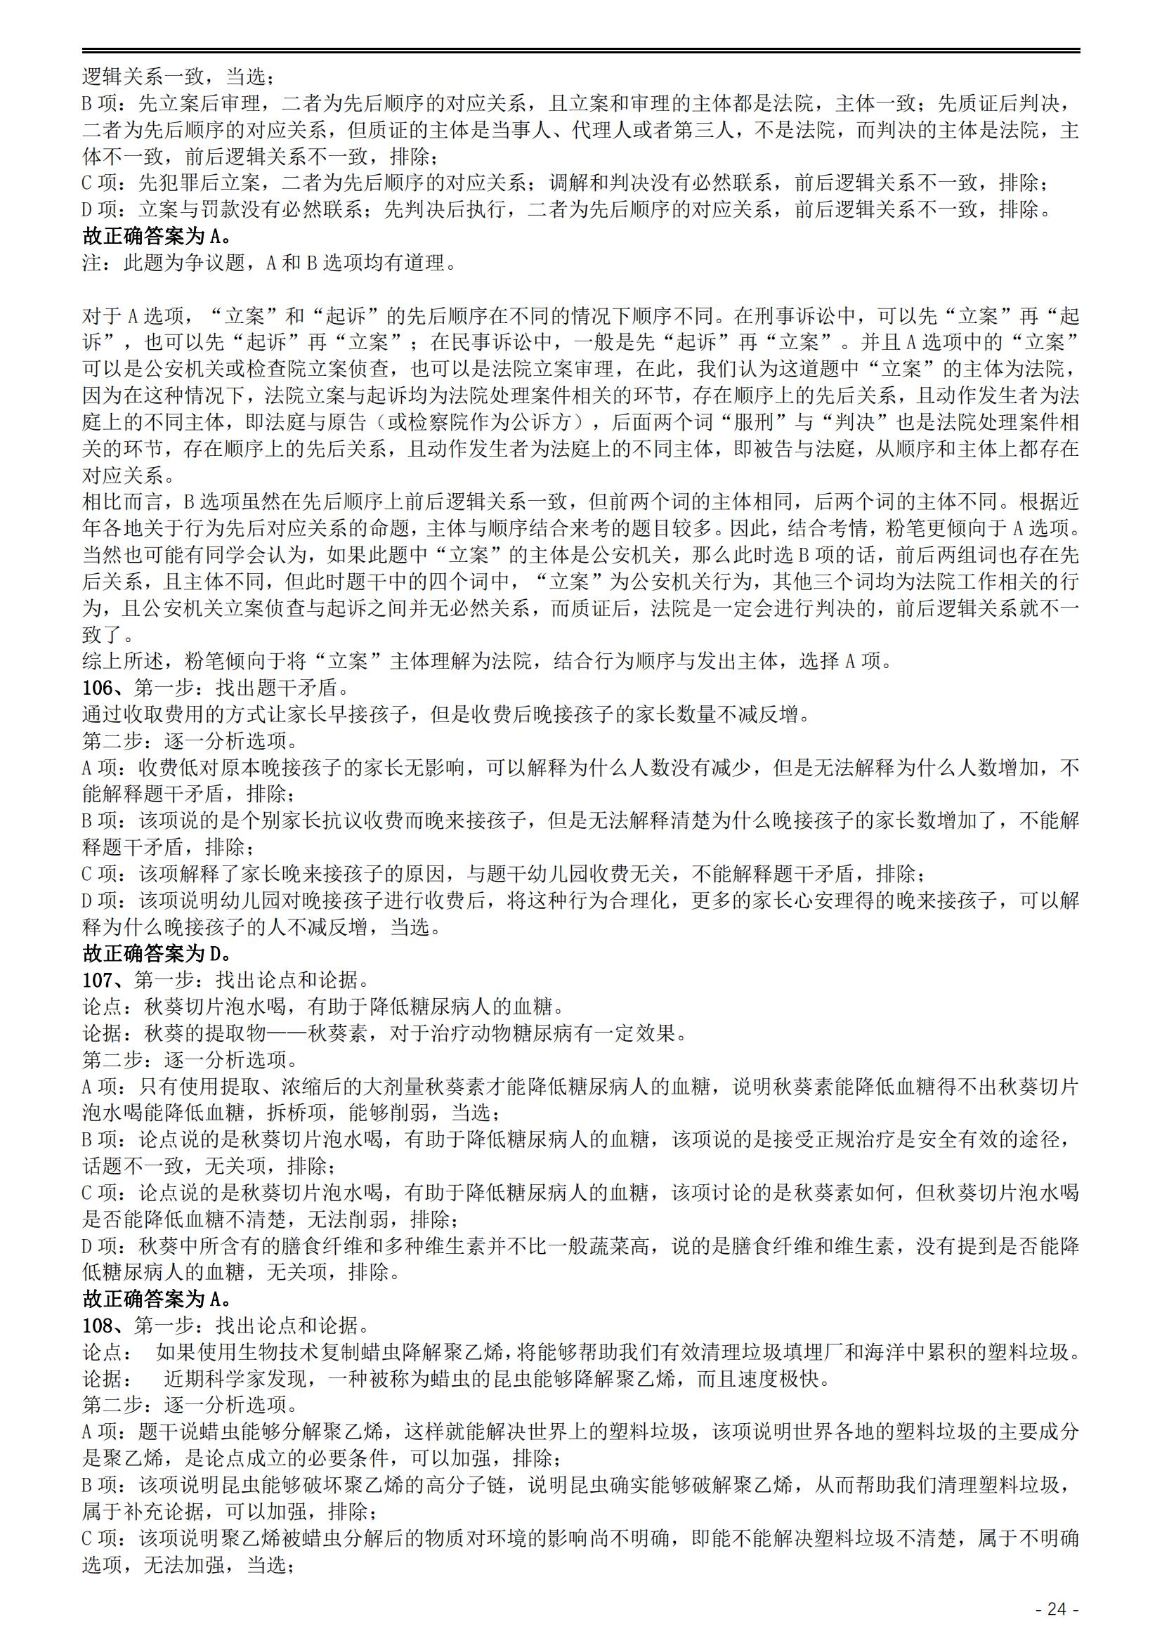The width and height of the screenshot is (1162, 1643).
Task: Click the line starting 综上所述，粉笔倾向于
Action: [x=487, y=662]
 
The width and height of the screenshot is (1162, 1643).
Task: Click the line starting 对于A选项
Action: [x=580, y=316]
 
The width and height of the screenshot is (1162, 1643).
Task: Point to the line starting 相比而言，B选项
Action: [x=580, y=502]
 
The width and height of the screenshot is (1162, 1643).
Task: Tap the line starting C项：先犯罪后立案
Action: [x=566, y=184]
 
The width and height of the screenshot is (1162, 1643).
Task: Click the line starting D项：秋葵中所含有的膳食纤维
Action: [x=580, y=1247]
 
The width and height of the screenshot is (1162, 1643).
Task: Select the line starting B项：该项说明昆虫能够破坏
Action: [x=580, y=1486]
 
